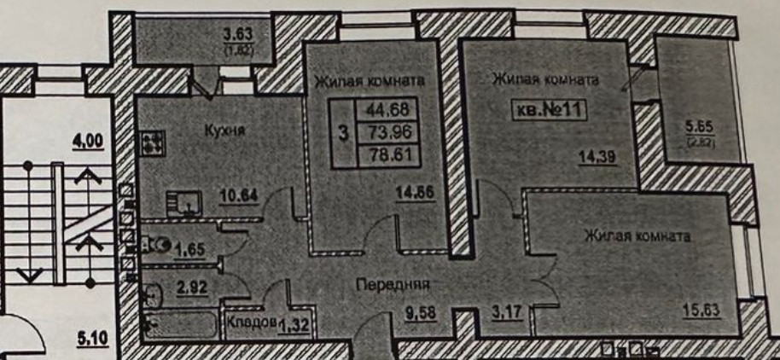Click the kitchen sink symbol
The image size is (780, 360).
click(184, 205)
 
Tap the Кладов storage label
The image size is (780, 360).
click(252, 322)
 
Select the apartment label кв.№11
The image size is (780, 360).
click(549, 110)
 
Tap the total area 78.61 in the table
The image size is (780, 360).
click(388, 154)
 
